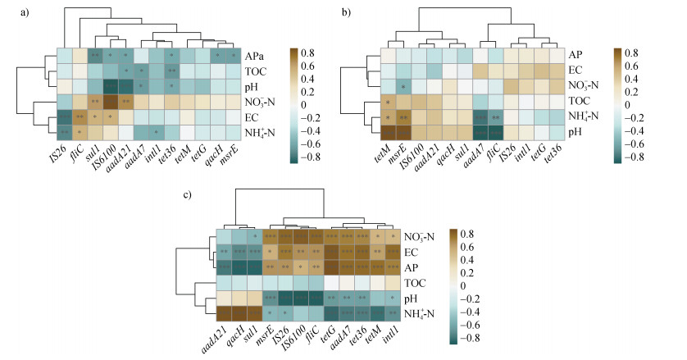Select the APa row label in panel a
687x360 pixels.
(256, 56)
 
